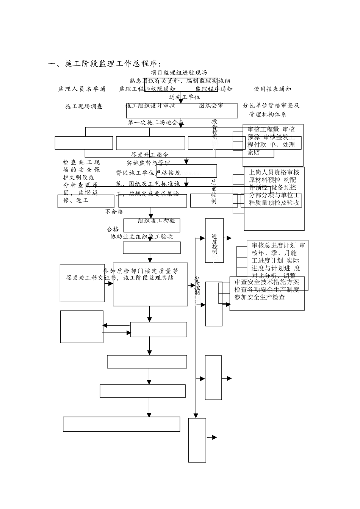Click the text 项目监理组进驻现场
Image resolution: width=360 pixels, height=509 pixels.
pos(179,72)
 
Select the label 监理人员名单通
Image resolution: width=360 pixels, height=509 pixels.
pos(82,89)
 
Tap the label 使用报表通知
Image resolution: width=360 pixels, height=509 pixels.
pos(272,89)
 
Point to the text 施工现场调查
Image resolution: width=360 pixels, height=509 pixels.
pos(84,106)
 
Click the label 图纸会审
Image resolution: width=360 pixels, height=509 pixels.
pos(211,106)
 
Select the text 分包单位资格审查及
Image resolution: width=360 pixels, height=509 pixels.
pos(271,105)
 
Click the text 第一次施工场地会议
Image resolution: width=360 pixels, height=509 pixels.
pos(156,122)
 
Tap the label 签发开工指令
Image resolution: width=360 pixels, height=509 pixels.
pos(150,155)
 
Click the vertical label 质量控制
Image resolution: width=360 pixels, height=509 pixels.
pos(213,191)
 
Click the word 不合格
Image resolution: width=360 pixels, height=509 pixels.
pos(114,211)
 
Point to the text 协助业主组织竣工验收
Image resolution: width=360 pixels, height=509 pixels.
pos(141,236)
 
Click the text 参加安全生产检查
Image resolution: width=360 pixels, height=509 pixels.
pos(260,297)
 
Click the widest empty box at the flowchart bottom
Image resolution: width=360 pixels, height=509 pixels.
pos(121,424)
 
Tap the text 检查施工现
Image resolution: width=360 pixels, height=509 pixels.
pos(81,162)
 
